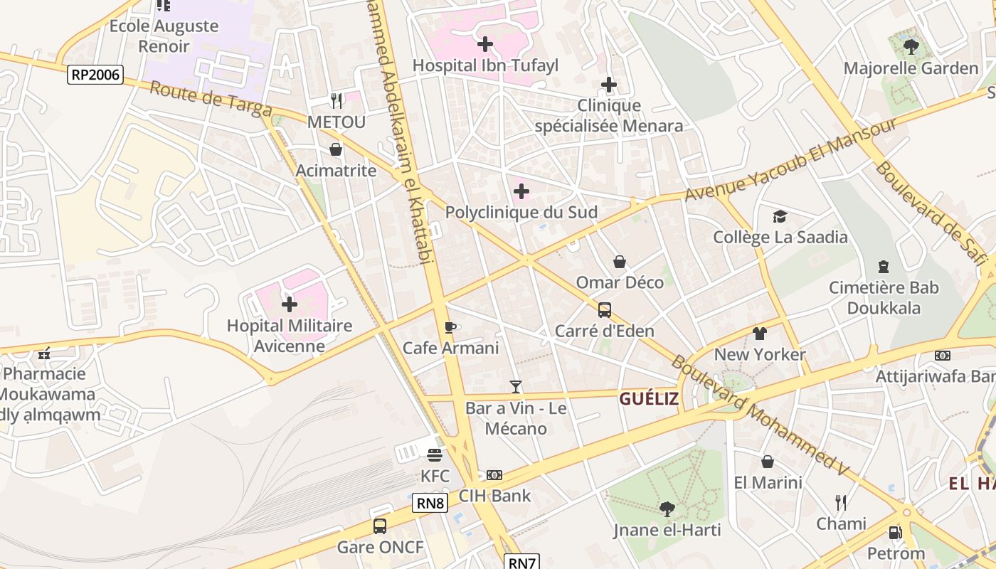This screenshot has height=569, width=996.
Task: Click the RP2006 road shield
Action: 95,75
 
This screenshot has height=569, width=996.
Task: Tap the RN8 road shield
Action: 430,504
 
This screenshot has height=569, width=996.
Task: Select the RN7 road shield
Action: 522,562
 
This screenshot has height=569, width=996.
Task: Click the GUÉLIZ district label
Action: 648,399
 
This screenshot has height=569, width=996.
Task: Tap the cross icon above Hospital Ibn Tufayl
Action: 485,44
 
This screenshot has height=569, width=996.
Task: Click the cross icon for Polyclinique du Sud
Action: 521,191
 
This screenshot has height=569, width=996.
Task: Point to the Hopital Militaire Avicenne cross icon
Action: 290,304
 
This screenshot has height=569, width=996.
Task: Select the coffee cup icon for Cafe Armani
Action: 450,327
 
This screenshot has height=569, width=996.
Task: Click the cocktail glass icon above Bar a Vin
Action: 516,387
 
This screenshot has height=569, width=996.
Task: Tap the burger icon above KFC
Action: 435,454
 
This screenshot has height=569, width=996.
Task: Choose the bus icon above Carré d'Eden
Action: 604,309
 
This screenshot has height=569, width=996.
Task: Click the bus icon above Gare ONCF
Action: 380,526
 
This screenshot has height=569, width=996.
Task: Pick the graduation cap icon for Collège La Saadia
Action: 780,216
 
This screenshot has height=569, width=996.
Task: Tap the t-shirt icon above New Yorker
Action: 760,333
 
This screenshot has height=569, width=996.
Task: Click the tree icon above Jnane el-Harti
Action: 667,509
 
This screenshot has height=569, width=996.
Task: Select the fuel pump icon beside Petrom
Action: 895,532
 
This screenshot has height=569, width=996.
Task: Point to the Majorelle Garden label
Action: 911,68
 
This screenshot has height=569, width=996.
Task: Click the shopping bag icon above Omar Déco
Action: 620,262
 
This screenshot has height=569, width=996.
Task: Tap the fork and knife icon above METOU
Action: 337,100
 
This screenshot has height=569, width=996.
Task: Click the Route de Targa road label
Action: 211,99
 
